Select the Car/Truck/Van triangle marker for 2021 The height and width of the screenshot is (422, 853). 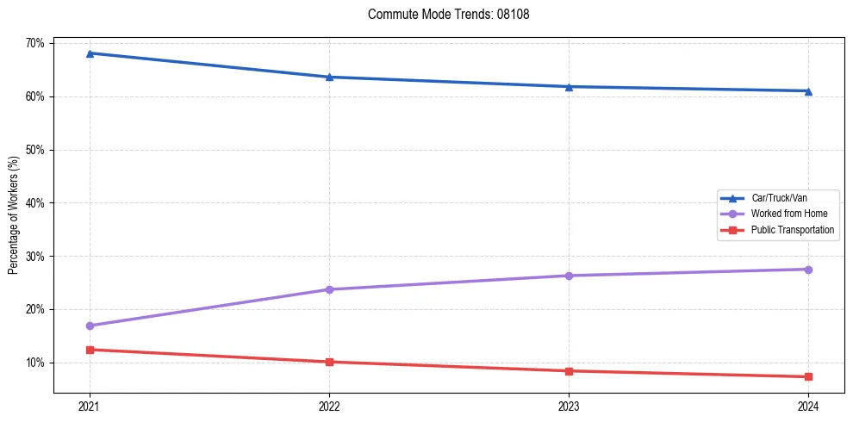point(90,53)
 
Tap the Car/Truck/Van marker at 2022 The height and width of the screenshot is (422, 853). point(329,77)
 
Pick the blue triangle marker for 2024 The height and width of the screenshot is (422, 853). point(808,90)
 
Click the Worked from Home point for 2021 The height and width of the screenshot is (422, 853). point(90,326)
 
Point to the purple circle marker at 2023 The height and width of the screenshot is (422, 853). point(569,276)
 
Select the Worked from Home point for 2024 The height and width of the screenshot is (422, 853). point(808,270)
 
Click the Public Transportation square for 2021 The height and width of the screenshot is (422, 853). point(90,350)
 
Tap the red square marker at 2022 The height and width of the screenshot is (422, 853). point(329,362)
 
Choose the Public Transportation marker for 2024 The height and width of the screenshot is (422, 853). point(808,376)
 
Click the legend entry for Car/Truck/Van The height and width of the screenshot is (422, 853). point(778,198)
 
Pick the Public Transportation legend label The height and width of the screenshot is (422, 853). point(792,230)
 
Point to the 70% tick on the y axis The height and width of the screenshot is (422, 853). point(36,43)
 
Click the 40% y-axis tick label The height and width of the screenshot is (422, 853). point(36,203)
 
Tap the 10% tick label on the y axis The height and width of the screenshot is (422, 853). point(36,363)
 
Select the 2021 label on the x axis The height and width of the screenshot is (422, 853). point(90,406)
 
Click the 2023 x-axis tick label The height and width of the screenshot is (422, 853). point(569,406)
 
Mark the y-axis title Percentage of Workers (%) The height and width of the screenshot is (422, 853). point(14,215)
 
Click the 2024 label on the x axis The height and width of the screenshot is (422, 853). point(808,406)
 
